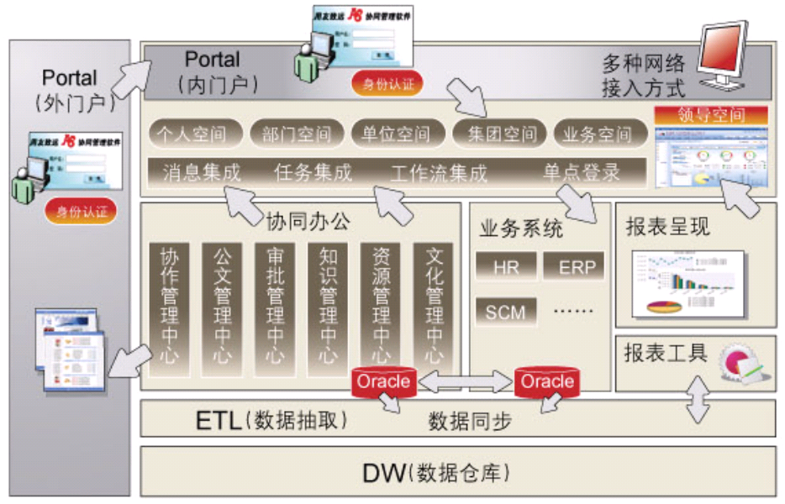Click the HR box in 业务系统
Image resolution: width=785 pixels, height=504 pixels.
(x=506, y=268)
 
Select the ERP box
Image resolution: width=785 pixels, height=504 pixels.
(x=577, y=268)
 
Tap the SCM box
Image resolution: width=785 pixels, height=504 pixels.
(x=506, y=312)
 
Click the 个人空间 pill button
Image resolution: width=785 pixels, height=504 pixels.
(x=197, y=133)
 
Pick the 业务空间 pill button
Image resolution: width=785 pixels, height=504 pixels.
(x=598, y=133)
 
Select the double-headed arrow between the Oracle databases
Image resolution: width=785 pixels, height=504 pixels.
(x=466, y=381)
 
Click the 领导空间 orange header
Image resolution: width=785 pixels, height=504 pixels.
(x=711, y=114)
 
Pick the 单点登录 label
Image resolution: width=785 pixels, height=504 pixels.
(x=581, y=173)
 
